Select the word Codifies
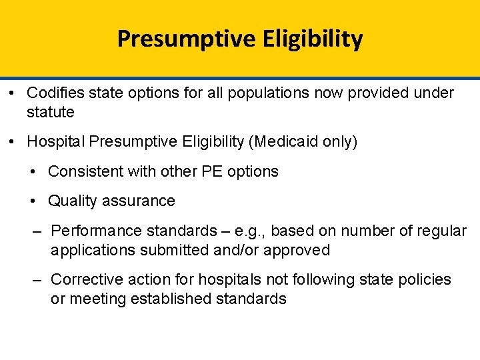[58, 93]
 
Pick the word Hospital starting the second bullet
[55, 142]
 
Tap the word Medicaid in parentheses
[289, 142]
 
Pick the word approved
[296, 251]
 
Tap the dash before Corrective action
[38, 279]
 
